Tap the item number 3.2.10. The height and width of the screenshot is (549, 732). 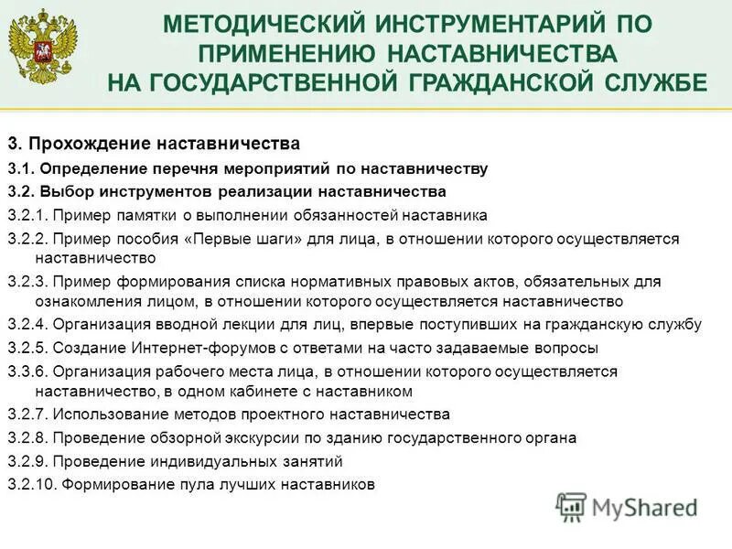[31, 484]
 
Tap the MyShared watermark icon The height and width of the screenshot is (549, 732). [572, 505]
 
